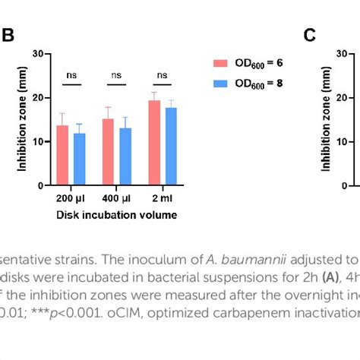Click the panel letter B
click(9, 35)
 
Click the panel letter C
click(309, 35)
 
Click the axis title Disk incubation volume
click(117, 215)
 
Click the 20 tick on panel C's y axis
click(342, 98)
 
